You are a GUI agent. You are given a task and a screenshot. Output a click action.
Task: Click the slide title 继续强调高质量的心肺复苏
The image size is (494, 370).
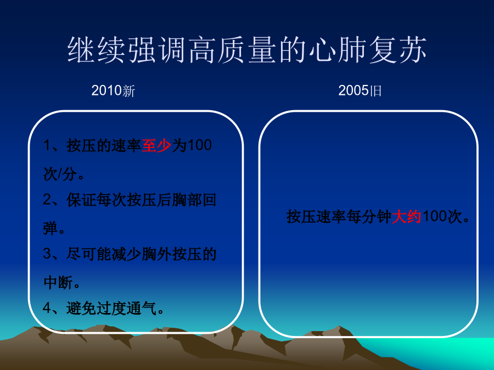tap(247, 50)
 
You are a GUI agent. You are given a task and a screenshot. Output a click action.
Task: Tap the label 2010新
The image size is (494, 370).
tap(113, 91)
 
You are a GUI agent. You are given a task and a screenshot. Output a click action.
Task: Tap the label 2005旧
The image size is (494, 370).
tap(360, 91)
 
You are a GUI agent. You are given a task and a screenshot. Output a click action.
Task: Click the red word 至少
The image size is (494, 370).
tap(156, 146)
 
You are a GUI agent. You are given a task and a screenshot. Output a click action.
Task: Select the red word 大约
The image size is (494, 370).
tap(406, 217)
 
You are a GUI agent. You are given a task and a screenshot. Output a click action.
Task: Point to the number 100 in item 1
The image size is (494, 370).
tap(199, 145)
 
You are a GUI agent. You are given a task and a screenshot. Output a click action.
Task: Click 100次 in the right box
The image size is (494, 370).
tap(442, 217)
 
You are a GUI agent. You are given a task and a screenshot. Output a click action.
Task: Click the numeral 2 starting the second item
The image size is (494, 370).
tap(47, 200)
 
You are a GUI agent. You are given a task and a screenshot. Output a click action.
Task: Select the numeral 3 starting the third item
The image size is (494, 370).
tap(47, 254)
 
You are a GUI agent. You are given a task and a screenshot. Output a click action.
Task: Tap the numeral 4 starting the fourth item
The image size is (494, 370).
tap(47, 308)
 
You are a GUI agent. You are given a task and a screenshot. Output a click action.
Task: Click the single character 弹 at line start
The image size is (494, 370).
tap(50, 228)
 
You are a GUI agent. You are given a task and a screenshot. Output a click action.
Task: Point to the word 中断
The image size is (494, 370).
tap(58, 282)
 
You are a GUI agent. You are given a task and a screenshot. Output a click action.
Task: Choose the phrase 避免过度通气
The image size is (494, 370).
tap(111, 308)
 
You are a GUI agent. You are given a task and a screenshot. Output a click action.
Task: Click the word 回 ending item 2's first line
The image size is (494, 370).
tap(209, 200)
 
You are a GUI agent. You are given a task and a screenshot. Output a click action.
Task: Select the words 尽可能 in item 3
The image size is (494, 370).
tap(89, 254)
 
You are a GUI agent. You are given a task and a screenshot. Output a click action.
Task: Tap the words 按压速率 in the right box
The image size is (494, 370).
tap(316, 217)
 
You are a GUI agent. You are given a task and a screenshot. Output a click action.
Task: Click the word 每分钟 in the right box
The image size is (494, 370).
tap(369, 217)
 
